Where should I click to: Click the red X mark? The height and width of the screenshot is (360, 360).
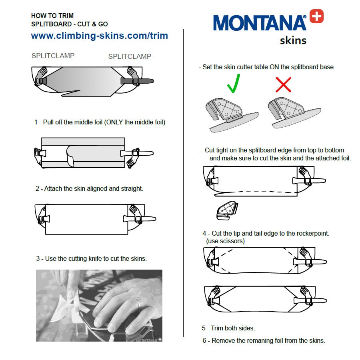coord(283,85)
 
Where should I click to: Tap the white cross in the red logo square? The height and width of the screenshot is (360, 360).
coord(317,16)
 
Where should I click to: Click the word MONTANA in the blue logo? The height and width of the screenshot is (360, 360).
coord(260,23)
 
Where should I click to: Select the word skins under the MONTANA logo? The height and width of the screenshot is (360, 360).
coord(293,40)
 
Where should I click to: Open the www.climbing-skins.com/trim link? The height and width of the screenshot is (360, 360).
coord(100,36)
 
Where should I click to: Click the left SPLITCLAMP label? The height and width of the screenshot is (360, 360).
coord(53,56)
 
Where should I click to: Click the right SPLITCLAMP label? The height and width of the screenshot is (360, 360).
coord(130,56)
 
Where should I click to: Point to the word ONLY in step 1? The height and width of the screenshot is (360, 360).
coord(114,122)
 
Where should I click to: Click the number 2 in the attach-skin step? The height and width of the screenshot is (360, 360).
coord(38,189)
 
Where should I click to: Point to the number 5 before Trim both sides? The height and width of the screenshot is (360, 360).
coord(204,328)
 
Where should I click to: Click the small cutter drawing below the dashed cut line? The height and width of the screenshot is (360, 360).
coord(227,210)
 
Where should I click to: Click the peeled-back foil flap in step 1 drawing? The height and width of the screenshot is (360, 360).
coord(70,156)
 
